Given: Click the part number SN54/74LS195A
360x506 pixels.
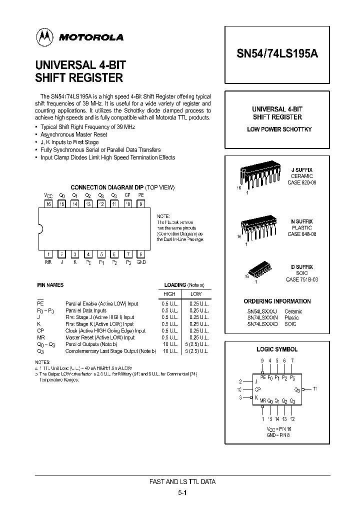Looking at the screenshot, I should (276, 56).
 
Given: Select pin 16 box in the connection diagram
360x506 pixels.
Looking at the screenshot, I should (49, 204).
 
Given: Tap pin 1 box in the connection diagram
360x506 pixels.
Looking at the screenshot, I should (49, 254).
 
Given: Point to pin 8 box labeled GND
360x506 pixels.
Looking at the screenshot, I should (141, 254).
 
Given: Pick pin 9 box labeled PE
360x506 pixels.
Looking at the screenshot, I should (141, 204).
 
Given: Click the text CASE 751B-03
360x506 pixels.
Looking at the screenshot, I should (301, 279).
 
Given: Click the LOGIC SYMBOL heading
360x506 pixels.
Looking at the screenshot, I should (276, 349).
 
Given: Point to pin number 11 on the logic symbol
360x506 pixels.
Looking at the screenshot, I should (315, 388).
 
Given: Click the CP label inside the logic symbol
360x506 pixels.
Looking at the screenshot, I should (258, 388).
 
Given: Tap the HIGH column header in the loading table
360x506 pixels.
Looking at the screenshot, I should (170, 294).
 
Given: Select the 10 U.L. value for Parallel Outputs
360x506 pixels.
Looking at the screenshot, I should (170, 344).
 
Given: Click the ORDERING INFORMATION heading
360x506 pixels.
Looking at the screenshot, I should (277, 301).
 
